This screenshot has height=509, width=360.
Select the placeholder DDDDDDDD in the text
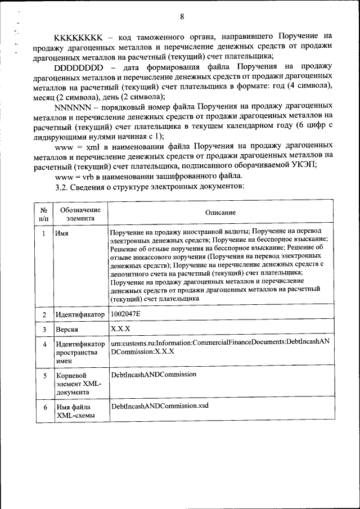pyautogui.click(x=79, y=66)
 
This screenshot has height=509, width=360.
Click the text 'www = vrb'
pyautogui.click(x=75, y=177)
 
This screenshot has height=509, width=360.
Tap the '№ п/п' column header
pyautogui.click(x=44, y=213)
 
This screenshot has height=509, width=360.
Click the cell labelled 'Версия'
pyautogui.click(x=67, y=330)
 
